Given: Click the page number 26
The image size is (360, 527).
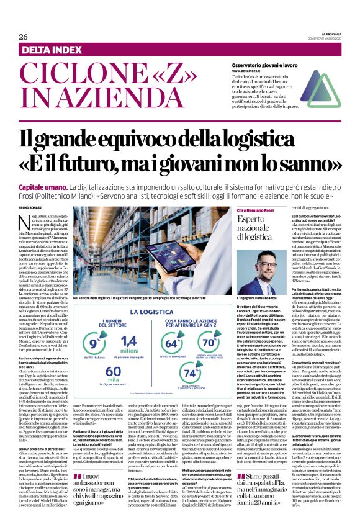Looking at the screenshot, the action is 24,37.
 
